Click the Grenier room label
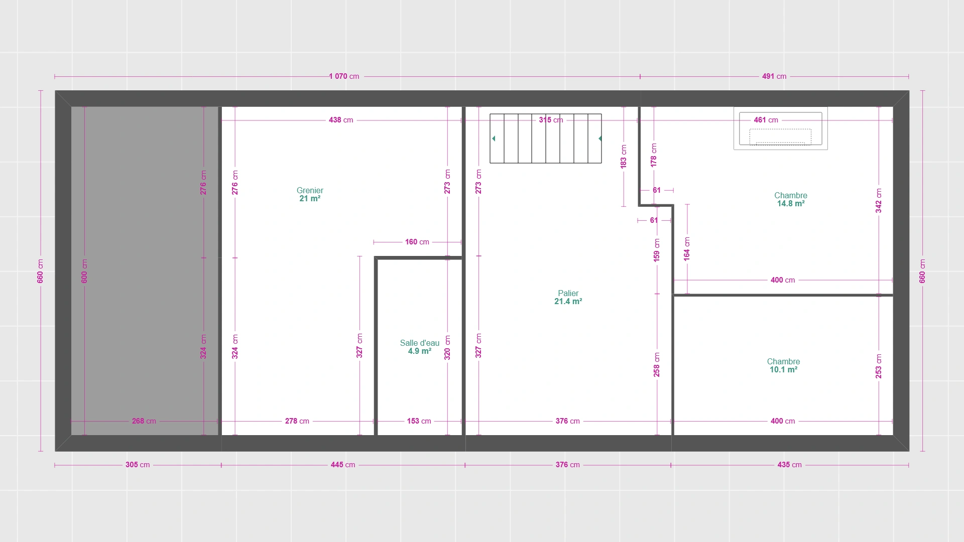[x=310, y=194]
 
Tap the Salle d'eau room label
[x=420, y=347]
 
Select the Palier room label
[x=568, y=297]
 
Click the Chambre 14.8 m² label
[x=791, y=199]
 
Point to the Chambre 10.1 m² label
[x=783, y=365]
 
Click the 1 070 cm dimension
[x=344, y=76]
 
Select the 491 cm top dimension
[x=774, y=76]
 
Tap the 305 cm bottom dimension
[x=138, y=465]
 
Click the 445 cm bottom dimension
[x=343, y=465]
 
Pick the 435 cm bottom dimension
[x=789, y=465]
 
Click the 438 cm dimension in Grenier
[x=341, y=120]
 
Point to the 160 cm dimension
[x=417, y=242]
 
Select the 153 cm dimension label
[x=419, y=421]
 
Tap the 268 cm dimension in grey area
[x=144, y=421]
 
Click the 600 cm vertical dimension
[x=84, y=271]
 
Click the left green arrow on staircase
[x=494, y=139]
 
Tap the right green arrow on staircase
[x=600, y=139]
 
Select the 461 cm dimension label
[x=766, y=120]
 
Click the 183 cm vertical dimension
[x=624, y=156]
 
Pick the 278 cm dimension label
[x=297, y=421]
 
